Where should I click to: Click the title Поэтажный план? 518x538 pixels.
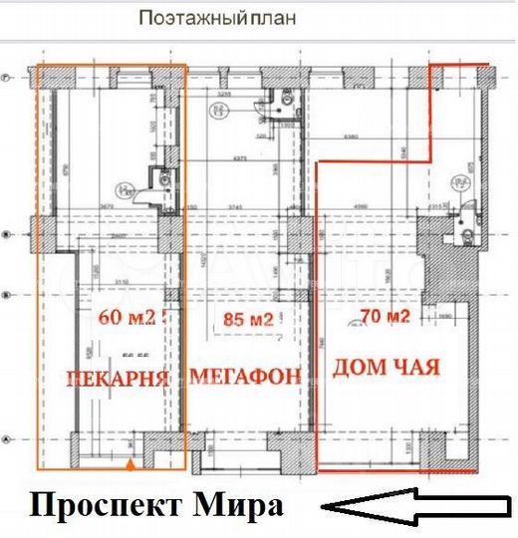(x=217, y=18)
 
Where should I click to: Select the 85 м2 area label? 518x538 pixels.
(x=248, y=320)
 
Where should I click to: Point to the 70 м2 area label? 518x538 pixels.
(x=384, y=319)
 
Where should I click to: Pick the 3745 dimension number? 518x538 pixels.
(x=235, y=207)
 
